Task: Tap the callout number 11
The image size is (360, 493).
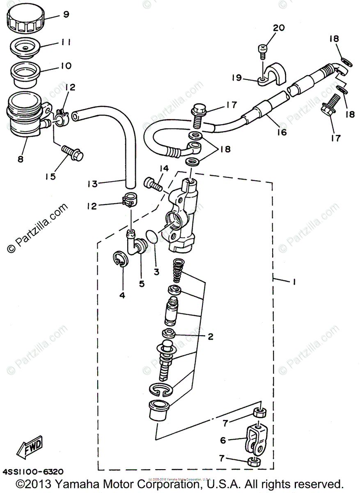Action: coord(66,42)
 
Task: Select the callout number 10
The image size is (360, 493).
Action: coord(66,66)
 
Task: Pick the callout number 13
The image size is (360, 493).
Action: coord(92,184)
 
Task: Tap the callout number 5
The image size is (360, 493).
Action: coord(142,283)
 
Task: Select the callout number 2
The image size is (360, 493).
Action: coord(210,336)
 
